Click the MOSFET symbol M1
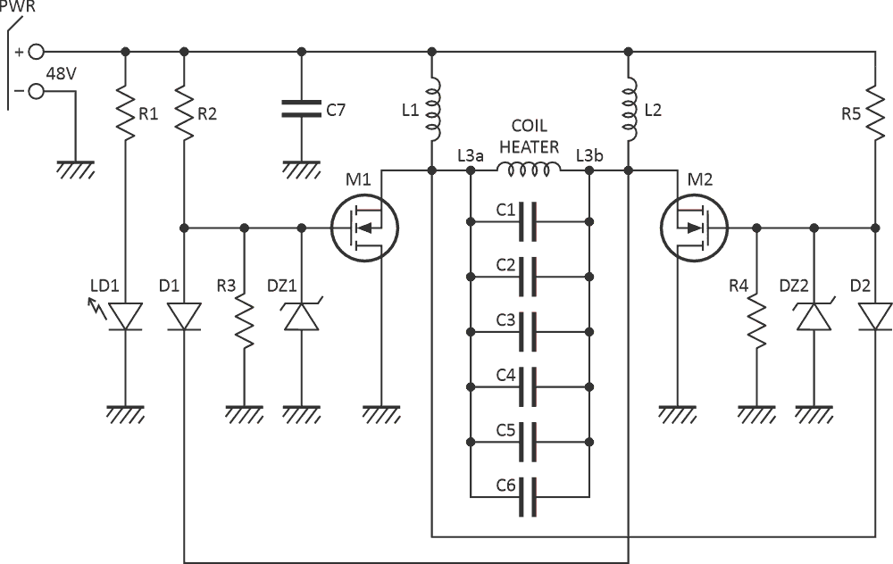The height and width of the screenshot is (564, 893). click(363, 228)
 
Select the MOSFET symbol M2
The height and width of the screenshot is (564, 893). click(696, 228)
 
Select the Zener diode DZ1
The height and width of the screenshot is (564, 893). click(302, 317)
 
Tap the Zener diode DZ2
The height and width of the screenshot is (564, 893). click(814, 317)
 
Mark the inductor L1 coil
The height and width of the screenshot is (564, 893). click(433, 110)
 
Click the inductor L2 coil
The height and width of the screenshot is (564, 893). click(630, 110)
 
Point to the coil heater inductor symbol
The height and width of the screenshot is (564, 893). click(529, 170)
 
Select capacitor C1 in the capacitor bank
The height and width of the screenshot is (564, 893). click(529, 219)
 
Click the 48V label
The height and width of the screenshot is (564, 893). click(60, 74)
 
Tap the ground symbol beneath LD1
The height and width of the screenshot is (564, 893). click(125, 415)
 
